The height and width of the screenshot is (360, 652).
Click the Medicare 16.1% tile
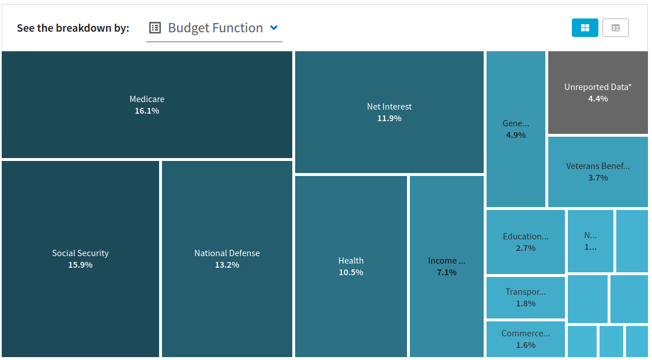(146, 104)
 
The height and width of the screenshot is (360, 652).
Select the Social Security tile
(80, 258)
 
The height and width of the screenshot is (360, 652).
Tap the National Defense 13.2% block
(227, 258)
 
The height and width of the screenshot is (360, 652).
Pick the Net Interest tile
(389, 112)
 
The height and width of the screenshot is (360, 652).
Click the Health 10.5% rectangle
(351, 266)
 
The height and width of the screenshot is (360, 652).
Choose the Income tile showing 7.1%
(446, 266)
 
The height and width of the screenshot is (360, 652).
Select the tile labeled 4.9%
(515, 129)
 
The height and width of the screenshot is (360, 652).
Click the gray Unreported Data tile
(598, 92)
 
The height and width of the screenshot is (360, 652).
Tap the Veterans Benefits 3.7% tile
(598, 171)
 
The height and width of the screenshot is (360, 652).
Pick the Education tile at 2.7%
(525, 242)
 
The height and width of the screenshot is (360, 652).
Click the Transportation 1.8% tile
(525, 297)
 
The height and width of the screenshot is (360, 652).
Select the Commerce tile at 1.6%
(525, 339)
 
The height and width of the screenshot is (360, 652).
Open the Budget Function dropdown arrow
(274, 28)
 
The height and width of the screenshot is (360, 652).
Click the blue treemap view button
(585, 28)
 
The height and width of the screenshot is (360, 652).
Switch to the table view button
(615, 28)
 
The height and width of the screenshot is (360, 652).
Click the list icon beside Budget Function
(154, 28)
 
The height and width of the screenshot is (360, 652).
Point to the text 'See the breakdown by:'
(73, 28)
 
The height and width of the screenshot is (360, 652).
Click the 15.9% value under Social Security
(80, 265)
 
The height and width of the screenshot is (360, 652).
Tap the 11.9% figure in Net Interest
(389, 118)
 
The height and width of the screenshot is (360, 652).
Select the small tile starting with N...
(590, 241)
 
